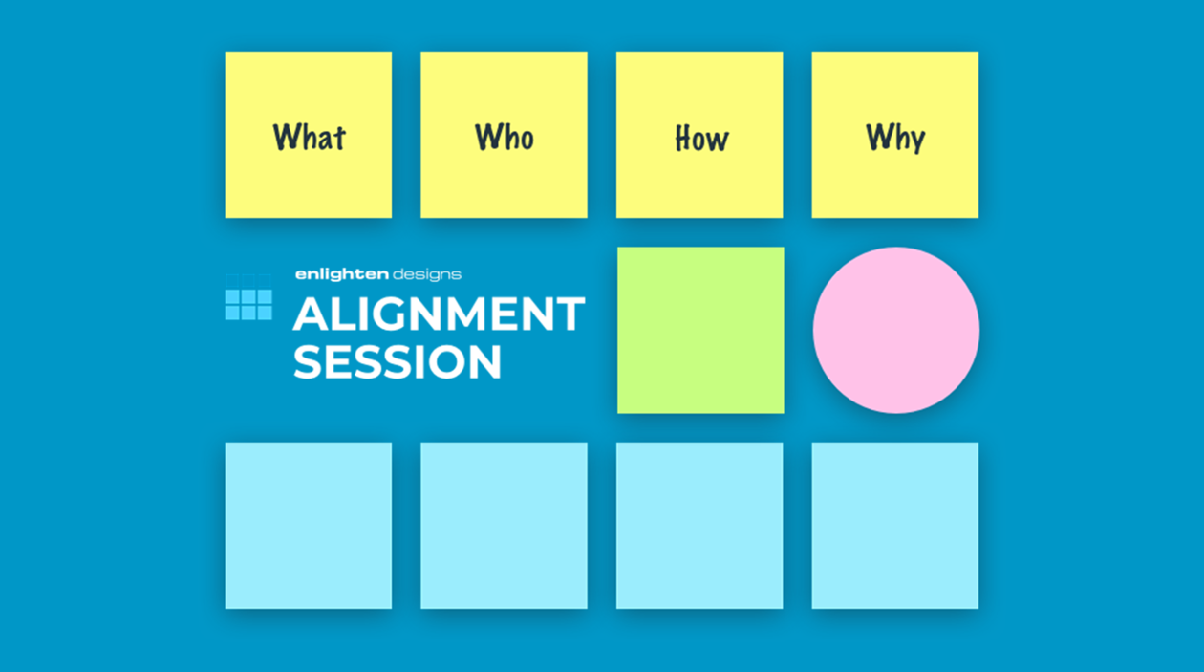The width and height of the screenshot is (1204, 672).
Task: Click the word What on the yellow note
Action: click(x=309, y=137)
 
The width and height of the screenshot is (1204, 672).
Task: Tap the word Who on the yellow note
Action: click(x=505, y=137)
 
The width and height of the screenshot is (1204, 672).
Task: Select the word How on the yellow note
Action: click(x=701, y=139)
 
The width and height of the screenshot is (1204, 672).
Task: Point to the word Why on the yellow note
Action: click(x=895, y=139)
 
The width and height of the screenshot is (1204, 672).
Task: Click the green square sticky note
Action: click(x=700, y=330)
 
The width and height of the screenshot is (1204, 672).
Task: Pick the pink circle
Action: click(x=896, y=330)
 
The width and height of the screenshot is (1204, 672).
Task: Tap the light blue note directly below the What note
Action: click(x=309, y=526)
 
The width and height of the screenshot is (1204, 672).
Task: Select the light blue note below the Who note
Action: click(x=505, y=526)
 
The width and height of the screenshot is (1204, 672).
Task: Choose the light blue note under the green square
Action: click(x=699, y=526)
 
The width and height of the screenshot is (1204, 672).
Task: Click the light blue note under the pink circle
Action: click(x=895, y=526)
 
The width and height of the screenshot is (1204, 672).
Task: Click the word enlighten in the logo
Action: click(x=342, y=274)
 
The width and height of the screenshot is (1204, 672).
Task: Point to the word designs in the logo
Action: click(x=427, y=275)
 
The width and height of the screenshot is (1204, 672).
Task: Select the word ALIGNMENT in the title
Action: click(x=440, y=314)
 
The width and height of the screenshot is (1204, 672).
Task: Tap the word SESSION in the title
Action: click(x=398, y=361)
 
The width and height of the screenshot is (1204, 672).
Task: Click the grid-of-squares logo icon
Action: click(x=248, y=297)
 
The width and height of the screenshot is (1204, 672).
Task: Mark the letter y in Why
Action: click(x=915, y=141)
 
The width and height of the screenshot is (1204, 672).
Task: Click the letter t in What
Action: click(x=338, y=138)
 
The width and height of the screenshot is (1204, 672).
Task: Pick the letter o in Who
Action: click(x=526, y=141)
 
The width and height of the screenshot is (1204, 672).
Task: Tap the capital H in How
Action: click(x=684, y=139)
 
